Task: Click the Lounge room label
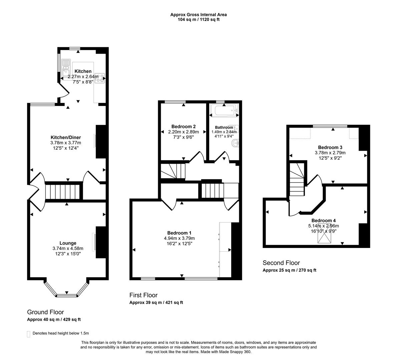(x=68, y=243)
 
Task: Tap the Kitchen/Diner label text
(x=66, y=137)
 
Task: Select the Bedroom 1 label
(x=179, y=233)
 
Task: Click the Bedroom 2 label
(x=183, y=126)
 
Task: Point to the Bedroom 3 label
(x=330, y=147)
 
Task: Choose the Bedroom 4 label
(x=323, y=220)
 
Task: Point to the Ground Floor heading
(x=45, y=312)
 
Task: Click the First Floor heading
(x=143, y=295)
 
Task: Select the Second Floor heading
(x=281, y=263)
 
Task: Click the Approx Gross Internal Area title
(x=198, y=14)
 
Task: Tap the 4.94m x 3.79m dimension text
(x=179, y=238)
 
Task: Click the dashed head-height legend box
(x=28, y=334)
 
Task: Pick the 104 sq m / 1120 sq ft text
(x=198, y=19)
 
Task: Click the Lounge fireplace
(x=95, y=242)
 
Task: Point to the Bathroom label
(x=224, y=127)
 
